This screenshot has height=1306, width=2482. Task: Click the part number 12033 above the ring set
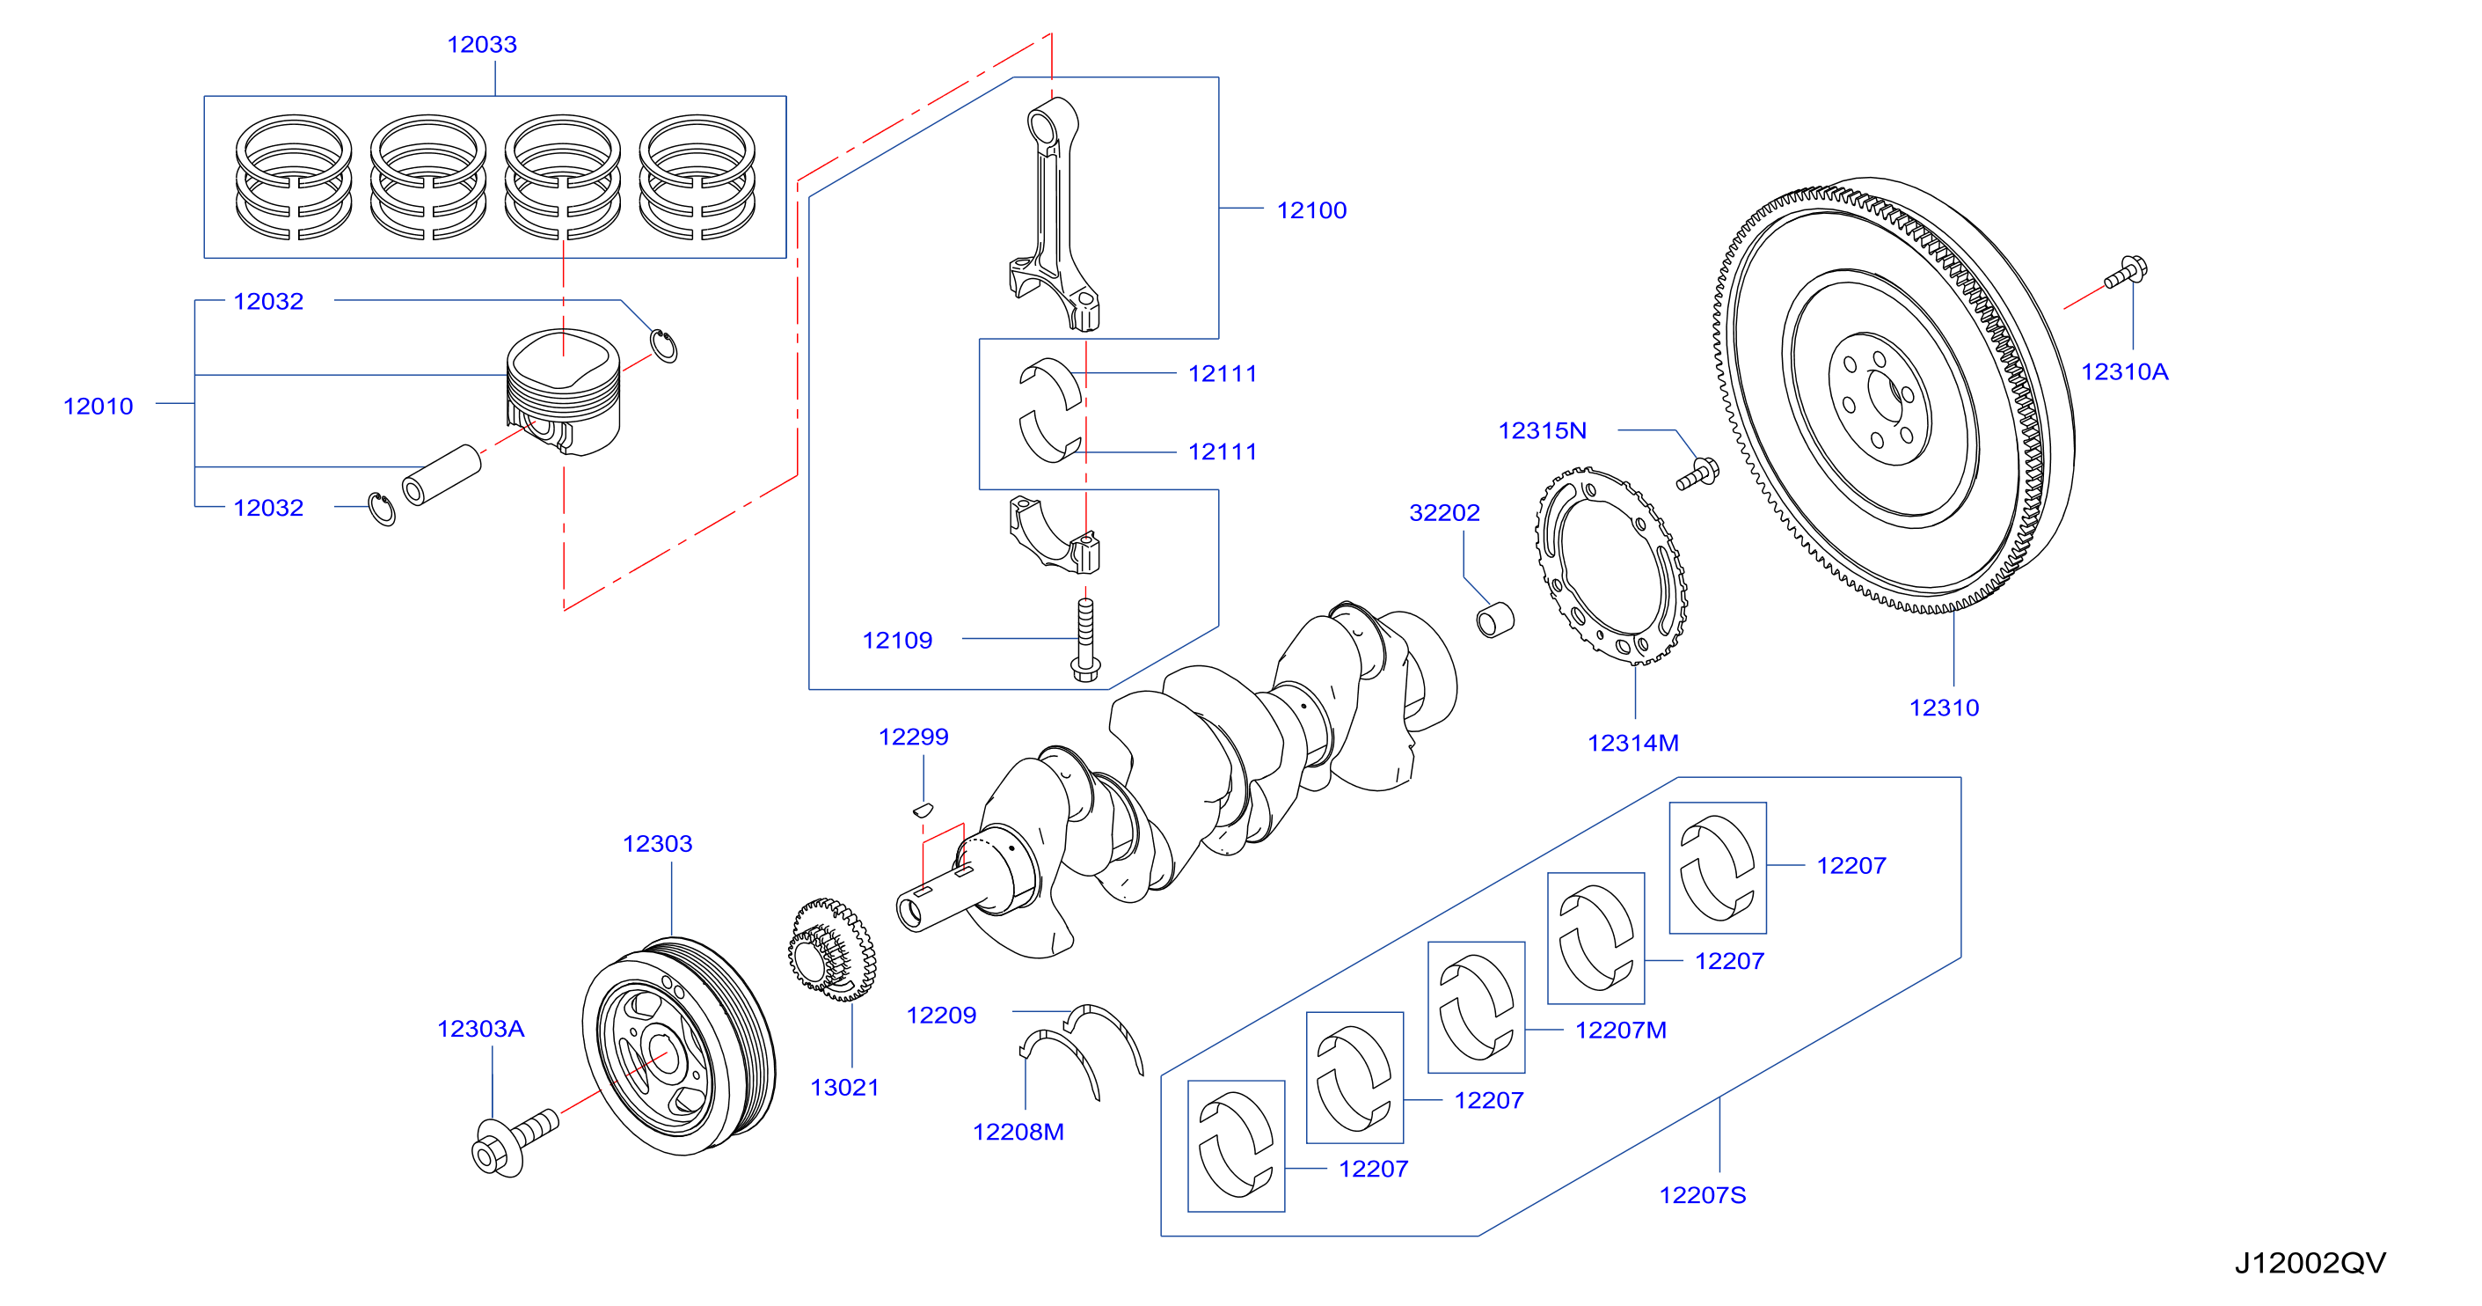tap(482, 44)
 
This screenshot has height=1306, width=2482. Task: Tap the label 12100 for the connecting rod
tap(1311, 210)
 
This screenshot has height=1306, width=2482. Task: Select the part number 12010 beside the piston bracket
tap(99, 406)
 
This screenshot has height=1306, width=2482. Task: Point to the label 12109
tap(897, 640)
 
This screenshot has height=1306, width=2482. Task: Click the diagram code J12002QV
tap(2310, 1263)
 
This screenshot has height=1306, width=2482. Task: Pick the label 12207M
tap(1621, 1030)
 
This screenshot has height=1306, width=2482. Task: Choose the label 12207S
tap(1703, 1195)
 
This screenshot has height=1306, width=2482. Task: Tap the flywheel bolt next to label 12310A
tap(2126, 271)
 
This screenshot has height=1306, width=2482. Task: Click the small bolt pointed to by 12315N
tap(1697, 473)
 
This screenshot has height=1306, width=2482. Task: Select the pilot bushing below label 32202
tap(1495, 620)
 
